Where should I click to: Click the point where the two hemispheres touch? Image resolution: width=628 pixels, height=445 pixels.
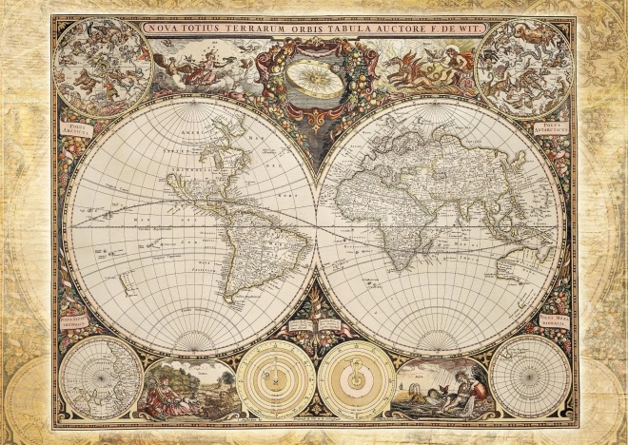[x=315, y=224]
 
